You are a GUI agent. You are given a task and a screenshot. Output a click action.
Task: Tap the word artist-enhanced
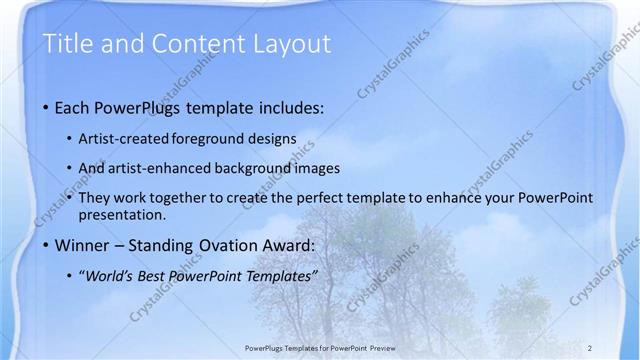tap(176, 168)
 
